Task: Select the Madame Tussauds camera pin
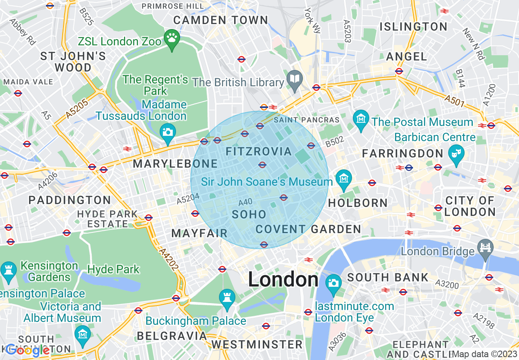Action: tap(167, 132)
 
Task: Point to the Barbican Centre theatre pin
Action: tap(457, 154)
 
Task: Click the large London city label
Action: tap(283, 280)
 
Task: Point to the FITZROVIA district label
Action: tap(259, 152)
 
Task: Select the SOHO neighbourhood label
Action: tap(249, 214)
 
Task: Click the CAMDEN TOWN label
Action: tap(221, 20)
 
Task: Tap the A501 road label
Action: tap(454, 101)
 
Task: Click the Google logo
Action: tap(28, 350)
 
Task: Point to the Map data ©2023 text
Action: tap(485, 354)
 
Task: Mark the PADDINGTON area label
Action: tap(70, 200)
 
